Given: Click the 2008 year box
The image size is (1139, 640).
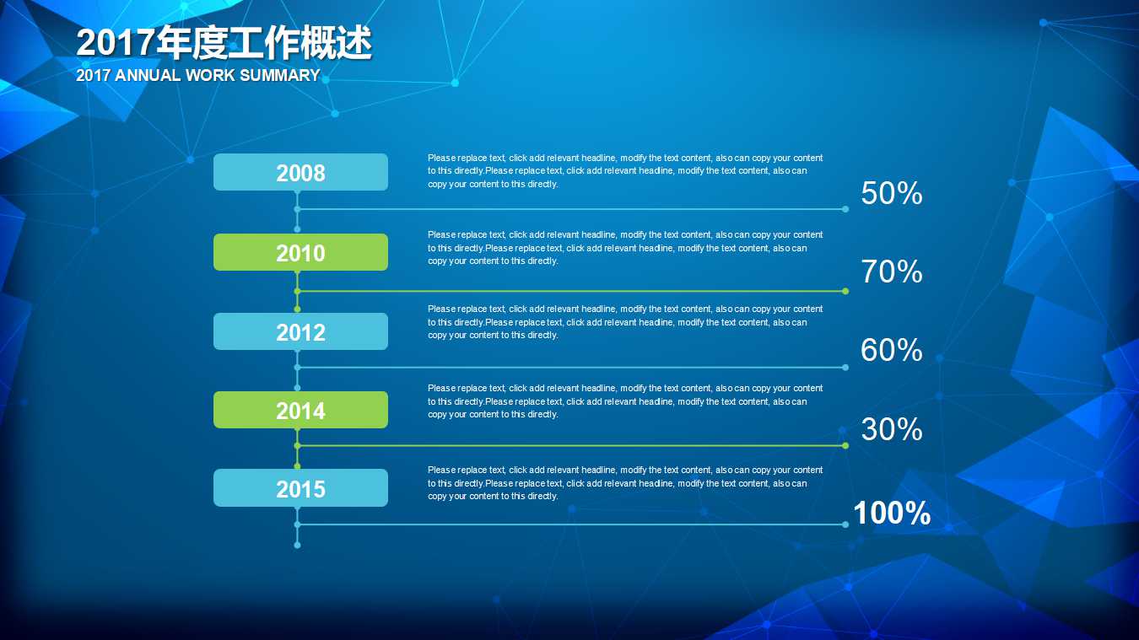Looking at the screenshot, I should (300, 172).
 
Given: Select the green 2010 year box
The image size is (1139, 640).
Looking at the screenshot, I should (300, 252).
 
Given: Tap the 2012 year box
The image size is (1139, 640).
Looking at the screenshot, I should (300, 331).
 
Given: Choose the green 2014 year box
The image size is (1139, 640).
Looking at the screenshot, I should (300, 410).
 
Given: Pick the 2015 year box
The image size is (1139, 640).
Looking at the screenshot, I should (300, 488).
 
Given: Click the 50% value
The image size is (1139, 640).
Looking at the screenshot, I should (891, 194).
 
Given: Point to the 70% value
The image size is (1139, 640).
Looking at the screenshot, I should (891, 272).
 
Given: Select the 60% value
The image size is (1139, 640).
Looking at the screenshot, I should (891, 350).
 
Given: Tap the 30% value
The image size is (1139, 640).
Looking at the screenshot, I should (891, 430).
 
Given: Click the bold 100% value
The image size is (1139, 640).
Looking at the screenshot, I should (892, 513).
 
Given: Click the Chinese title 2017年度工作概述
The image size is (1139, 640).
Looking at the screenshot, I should (224, 44).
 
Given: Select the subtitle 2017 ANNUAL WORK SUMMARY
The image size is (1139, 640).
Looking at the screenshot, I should (197, 75).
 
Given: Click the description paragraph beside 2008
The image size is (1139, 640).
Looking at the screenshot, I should (624, 171).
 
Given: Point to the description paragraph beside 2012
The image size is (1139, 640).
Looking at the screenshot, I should (624, 322).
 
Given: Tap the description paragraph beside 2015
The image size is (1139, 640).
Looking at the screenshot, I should (624, 483).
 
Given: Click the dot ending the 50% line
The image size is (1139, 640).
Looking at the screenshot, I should (845, 209).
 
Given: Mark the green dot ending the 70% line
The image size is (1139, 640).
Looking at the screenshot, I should (845, 291).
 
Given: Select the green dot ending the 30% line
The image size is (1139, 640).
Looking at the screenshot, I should (845, 445).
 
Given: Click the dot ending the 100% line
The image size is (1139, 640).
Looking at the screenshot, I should (845, 524).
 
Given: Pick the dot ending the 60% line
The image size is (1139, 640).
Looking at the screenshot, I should (845, 367).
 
